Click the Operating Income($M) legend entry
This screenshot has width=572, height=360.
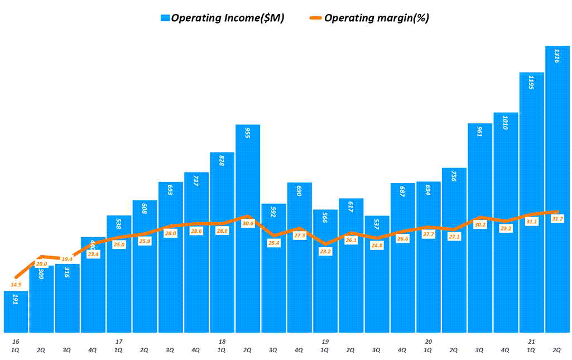point(222,18)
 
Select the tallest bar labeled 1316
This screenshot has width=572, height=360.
point(557,190)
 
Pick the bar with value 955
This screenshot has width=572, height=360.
point(248,229)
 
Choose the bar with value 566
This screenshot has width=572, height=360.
point(325,271)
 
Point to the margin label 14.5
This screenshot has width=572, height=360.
point(16,285)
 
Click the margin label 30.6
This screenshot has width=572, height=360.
point(248,223)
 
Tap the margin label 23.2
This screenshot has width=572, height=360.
point(325,251)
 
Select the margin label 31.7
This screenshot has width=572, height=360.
point(557,219)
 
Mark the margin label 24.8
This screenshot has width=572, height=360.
point(377,246)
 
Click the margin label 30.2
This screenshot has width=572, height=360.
point(480,224)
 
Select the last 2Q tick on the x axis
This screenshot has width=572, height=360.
point(557,349)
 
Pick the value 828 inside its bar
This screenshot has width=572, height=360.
point(222,162)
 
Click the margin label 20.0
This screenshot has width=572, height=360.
point(42,263)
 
